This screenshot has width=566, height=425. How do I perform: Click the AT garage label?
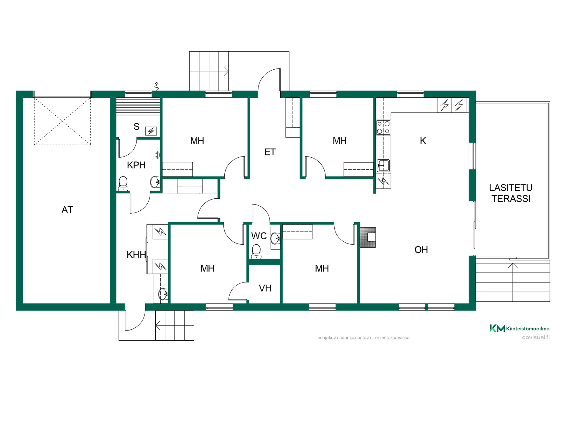click(67, 210)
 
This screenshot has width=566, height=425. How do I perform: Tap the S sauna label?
click(136, 127)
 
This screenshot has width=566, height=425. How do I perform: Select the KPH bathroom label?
click(136, 165)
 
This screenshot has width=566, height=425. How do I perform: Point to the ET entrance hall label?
click(270, 152)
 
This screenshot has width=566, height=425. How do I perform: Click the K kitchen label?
click(423, 141)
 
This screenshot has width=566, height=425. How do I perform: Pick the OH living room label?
click(421, 250)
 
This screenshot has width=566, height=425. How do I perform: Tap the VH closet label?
click(265, 288)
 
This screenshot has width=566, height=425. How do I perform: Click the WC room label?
click(259, 236)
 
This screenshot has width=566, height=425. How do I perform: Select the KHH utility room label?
click(136, 255)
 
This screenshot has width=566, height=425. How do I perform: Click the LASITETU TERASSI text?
click(511, 193)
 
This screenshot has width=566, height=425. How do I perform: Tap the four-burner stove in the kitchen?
click(383, 127)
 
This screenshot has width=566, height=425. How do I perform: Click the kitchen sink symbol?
click(383, 166)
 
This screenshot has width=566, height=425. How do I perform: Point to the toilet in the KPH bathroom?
click(123, 184)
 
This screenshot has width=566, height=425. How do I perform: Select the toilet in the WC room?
click(256, 251)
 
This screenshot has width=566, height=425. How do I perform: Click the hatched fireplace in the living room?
click(368, 237)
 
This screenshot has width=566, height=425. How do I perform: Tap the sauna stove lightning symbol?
click(151, 131)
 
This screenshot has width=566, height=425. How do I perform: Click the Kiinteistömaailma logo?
click(519, 328)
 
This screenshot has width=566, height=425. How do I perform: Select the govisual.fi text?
click(536, 337)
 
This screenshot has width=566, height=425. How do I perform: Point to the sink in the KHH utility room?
click(163, 294)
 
